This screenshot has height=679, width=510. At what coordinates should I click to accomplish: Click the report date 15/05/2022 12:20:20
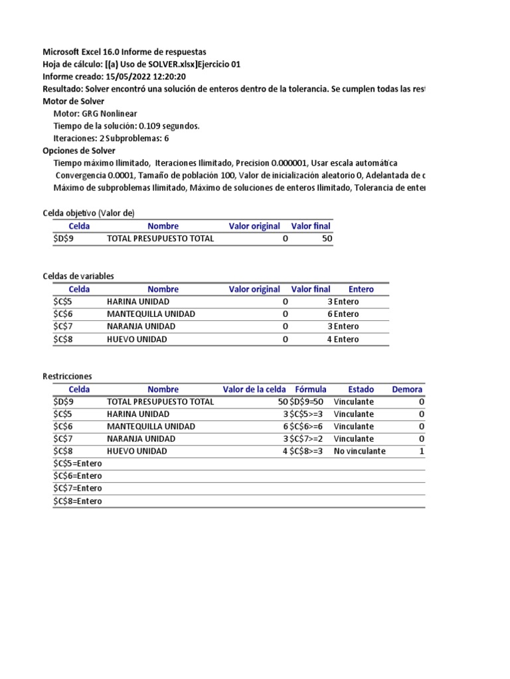pos(145,76)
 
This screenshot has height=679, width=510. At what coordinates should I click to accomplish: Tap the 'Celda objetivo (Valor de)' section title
pos(88,213)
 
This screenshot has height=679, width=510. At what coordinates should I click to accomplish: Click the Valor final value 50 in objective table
pos(326,239)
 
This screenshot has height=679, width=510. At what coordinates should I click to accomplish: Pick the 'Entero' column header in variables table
pos(361,289)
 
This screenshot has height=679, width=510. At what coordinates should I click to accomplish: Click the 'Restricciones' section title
pos(67,376)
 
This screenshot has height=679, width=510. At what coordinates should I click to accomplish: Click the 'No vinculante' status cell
pos(359,451)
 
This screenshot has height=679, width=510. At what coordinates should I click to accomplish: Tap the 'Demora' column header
pos(407,389)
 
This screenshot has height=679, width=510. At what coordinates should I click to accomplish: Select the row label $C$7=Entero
pos(78,489)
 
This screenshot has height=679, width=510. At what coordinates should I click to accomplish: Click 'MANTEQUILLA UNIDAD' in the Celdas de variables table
pos(151,314)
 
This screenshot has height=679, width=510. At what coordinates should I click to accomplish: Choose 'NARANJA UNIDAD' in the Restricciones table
pos(141,439)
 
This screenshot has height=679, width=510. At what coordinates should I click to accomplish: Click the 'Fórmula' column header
pos(310,389)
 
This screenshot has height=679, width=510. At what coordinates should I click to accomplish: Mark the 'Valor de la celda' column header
pos(254,389)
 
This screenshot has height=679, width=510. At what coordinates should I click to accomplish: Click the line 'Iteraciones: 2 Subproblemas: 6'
pos(111,138)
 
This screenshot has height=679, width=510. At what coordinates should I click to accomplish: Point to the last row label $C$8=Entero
pos(78,501)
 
